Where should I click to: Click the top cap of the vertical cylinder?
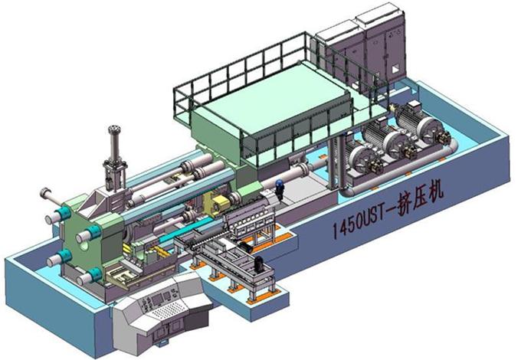pos(114,129)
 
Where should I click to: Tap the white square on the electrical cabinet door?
pos(395,69)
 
